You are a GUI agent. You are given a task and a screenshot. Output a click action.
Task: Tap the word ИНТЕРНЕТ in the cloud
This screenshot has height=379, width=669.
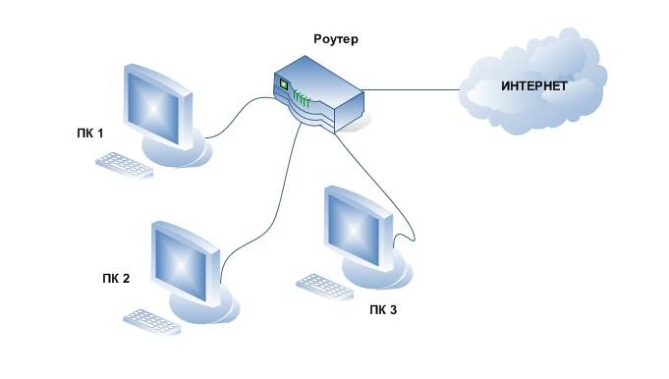(534, 87)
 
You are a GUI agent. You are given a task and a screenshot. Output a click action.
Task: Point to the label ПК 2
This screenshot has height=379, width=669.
(116, 278)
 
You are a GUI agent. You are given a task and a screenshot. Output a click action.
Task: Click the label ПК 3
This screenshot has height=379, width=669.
(384, 312)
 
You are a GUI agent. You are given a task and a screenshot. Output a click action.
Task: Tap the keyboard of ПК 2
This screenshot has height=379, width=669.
(152, 319)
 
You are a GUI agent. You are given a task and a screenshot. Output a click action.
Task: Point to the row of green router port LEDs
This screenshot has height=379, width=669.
(303, 97)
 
